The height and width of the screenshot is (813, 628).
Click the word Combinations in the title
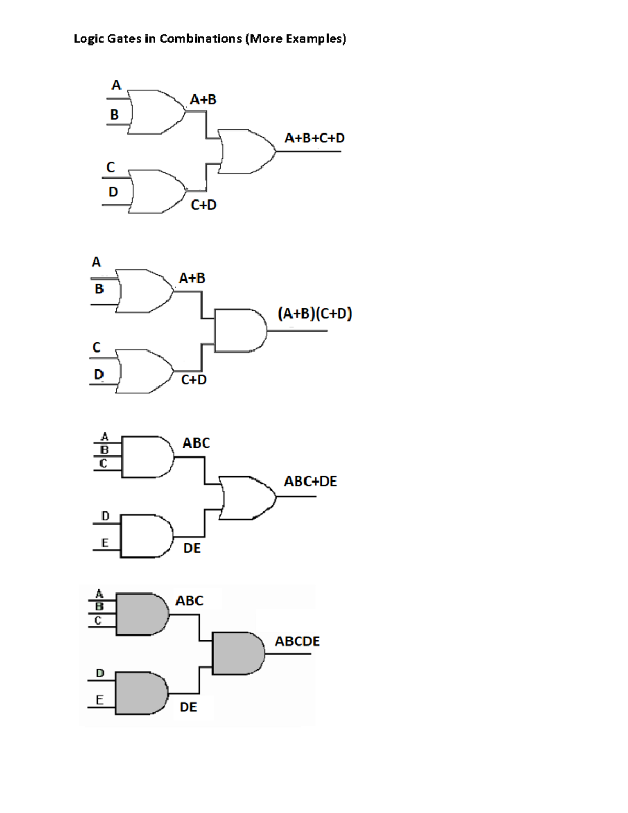pos(200,39)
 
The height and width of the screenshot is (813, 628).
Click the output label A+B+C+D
pos(315,138)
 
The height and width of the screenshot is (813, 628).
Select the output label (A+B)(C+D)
pos(315,314)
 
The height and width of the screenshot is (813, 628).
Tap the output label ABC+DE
pos(310,482)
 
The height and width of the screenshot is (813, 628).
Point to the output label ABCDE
pos(297,641)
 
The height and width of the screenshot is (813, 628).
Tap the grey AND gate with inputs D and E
pos(141,693)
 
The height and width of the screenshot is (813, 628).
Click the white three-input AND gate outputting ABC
pos(147,456)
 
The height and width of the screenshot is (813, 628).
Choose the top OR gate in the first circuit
pos(156,112)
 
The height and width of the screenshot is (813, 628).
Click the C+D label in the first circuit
pos(204,205)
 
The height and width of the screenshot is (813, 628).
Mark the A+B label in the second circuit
pos(192,279)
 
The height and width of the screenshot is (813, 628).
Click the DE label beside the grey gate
pos(188,707)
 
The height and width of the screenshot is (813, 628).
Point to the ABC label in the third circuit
pos(196,443)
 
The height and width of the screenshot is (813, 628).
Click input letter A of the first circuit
pos(116,85)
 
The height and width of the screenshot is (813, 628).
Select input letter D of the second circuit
pos(99,374)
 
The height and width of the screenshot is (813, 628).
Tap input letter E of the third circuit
pos(105,543)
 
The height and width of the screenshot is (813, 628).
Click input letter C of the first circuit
pos(110,168)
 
